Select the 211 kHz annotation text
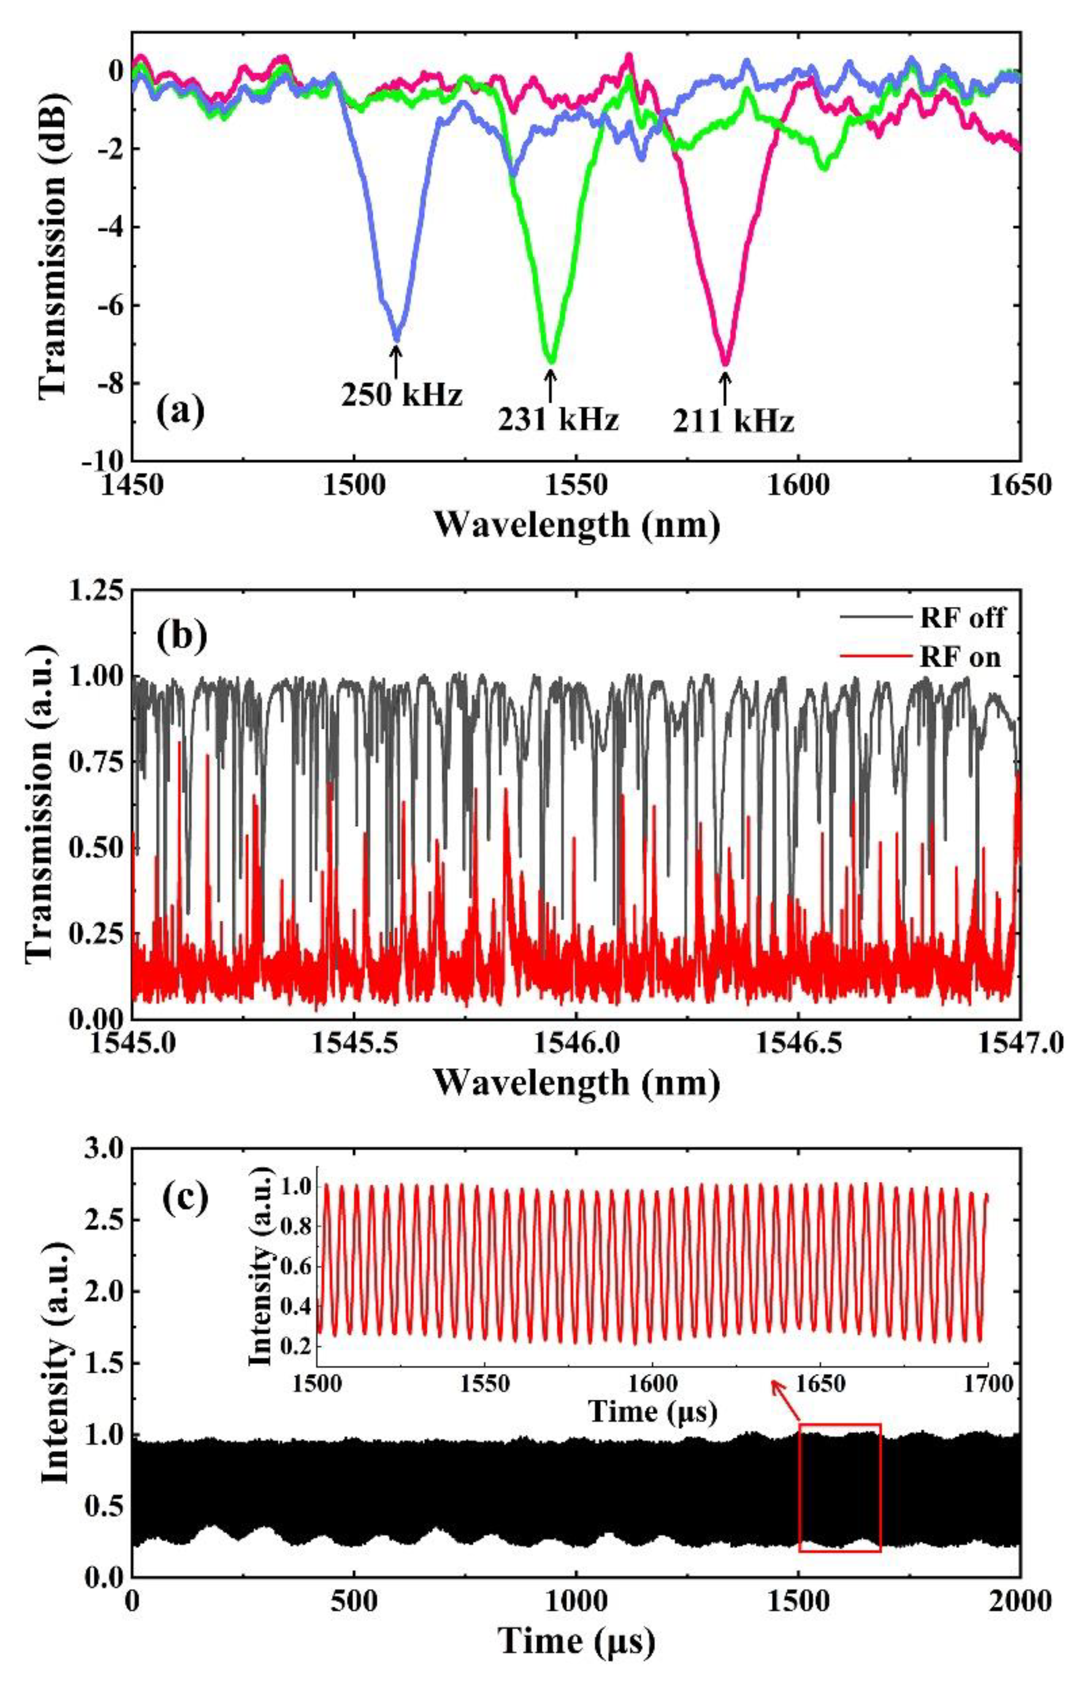pyautogui.click(x=734, y=422)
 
